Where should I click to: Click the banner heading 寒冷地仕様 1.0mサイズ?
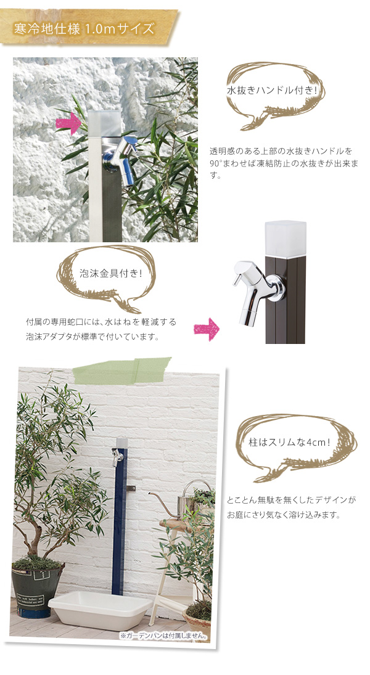coord(84,29)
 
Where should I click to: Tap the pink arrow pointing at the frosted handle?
coord(68,123)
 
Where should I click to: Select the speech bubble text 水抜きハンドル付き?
coord(272,91)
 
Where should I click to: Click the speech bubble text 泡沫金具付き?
coord(110,274)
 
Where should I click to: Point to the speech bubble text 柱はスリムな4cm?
coord(289,442)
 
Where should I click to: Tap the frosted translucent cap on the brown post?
coord(285,239)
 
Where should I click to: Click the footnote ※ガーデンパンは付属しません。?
coord(164,636)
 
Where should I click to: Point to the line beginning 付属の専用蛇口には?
coord(101,322)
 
